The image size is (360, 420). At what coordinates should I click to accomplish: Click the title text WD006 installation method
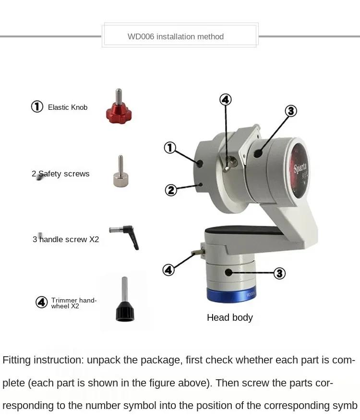tap(176, 36)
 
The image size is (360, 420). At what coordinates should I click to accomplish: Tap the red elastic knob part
tap(119, 106)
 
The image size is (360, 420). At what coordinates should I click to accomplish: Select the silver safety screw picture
tap(120, 172)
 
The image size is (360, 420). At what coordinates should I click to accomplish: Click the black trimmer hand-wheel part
tap(125, 299)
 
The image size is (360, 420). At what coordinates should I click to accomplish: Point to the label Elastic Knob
tap(68, 107)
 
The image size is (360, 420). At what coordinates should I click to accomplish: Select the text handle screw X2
tap(69, 239)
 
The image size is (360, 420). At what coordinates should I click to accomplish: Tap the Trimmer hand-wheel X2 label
tap(74, 303)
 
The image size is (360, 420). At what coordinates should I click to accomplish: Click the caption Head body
tap(230, 318)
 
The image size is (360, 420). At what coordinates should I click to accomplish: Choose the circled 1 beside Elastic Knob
tap(37, 106)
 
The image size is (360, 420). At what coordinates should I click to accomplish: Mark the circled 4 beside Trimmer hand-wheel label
tap(42, 302)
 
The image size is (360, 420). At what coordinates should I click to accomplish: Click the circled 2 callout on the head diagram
tap(171, 190)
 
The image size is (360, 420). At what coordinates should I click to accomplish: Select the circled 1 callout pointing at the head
tap(170, 148)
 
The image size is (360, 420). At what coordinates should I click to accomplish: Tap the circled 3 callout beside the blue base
tap(279, 273)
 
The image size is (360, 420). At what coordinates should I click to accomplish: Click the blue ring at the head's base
tap(231, 295)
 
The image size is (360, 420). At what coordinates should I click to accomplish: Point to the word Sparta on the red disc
tap(300, 168)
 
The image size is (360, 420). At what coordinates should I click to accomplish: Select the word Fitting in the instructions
tap(17, 360)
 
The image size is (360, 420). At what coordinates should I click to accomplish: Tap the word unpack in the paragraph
tap(104, 360)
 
